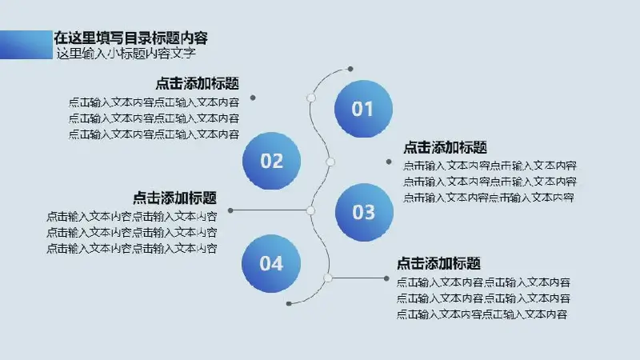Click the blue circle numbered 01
(x=363, y=109)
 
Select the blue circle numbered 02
(x=271, y=161)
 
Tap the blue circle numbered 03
(x=364, y=212)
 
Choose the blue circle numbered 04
(x=271, y=264)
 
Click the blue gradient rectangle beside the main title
(x=26, y=45)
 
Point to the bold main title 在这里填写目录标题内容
(x=130, y=38)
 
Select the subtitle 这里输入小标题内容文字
(x=126, y=54)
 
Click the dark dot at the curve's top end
(x=350, y=69)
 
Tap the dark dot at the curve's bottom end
(x=289, y=304)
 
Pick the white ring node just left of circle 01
(x=311, y=98)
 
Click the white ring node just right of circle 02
(x=330, y=162)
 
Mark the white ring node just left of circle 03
(x=310, y=210)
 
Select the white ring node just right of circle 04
(x=328, y=278)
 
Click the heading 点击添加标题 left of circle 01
(x=197, y=84)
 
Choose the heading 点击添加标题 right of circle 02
(x=446, y=147)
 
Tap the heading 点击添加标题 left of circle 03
(x=174, y=198)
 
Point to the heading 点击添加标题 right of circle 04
(x=438, y=264)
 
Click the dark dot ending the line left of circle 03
(x=230, y=210)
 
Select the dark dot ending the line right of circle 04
(x=386, y=278)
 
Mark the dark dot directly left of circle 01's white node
(x=253, y=98)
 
